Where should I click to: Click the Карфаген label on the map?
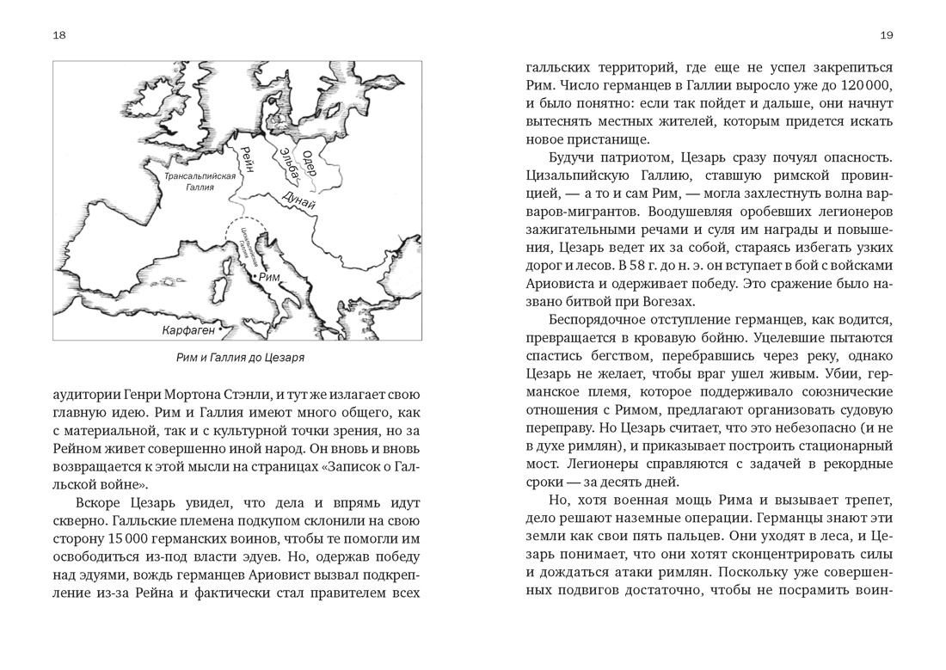pyautogui.click(x=187, y=329)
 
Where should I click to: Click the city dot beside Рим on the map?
pyautogui.click(x=254, y=277)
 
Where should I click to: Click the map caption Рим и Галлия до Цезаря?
pyautogui.click(x=236, y=357)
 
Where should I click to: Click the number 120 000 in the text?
pyautogui.click(x=863, y=87)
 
